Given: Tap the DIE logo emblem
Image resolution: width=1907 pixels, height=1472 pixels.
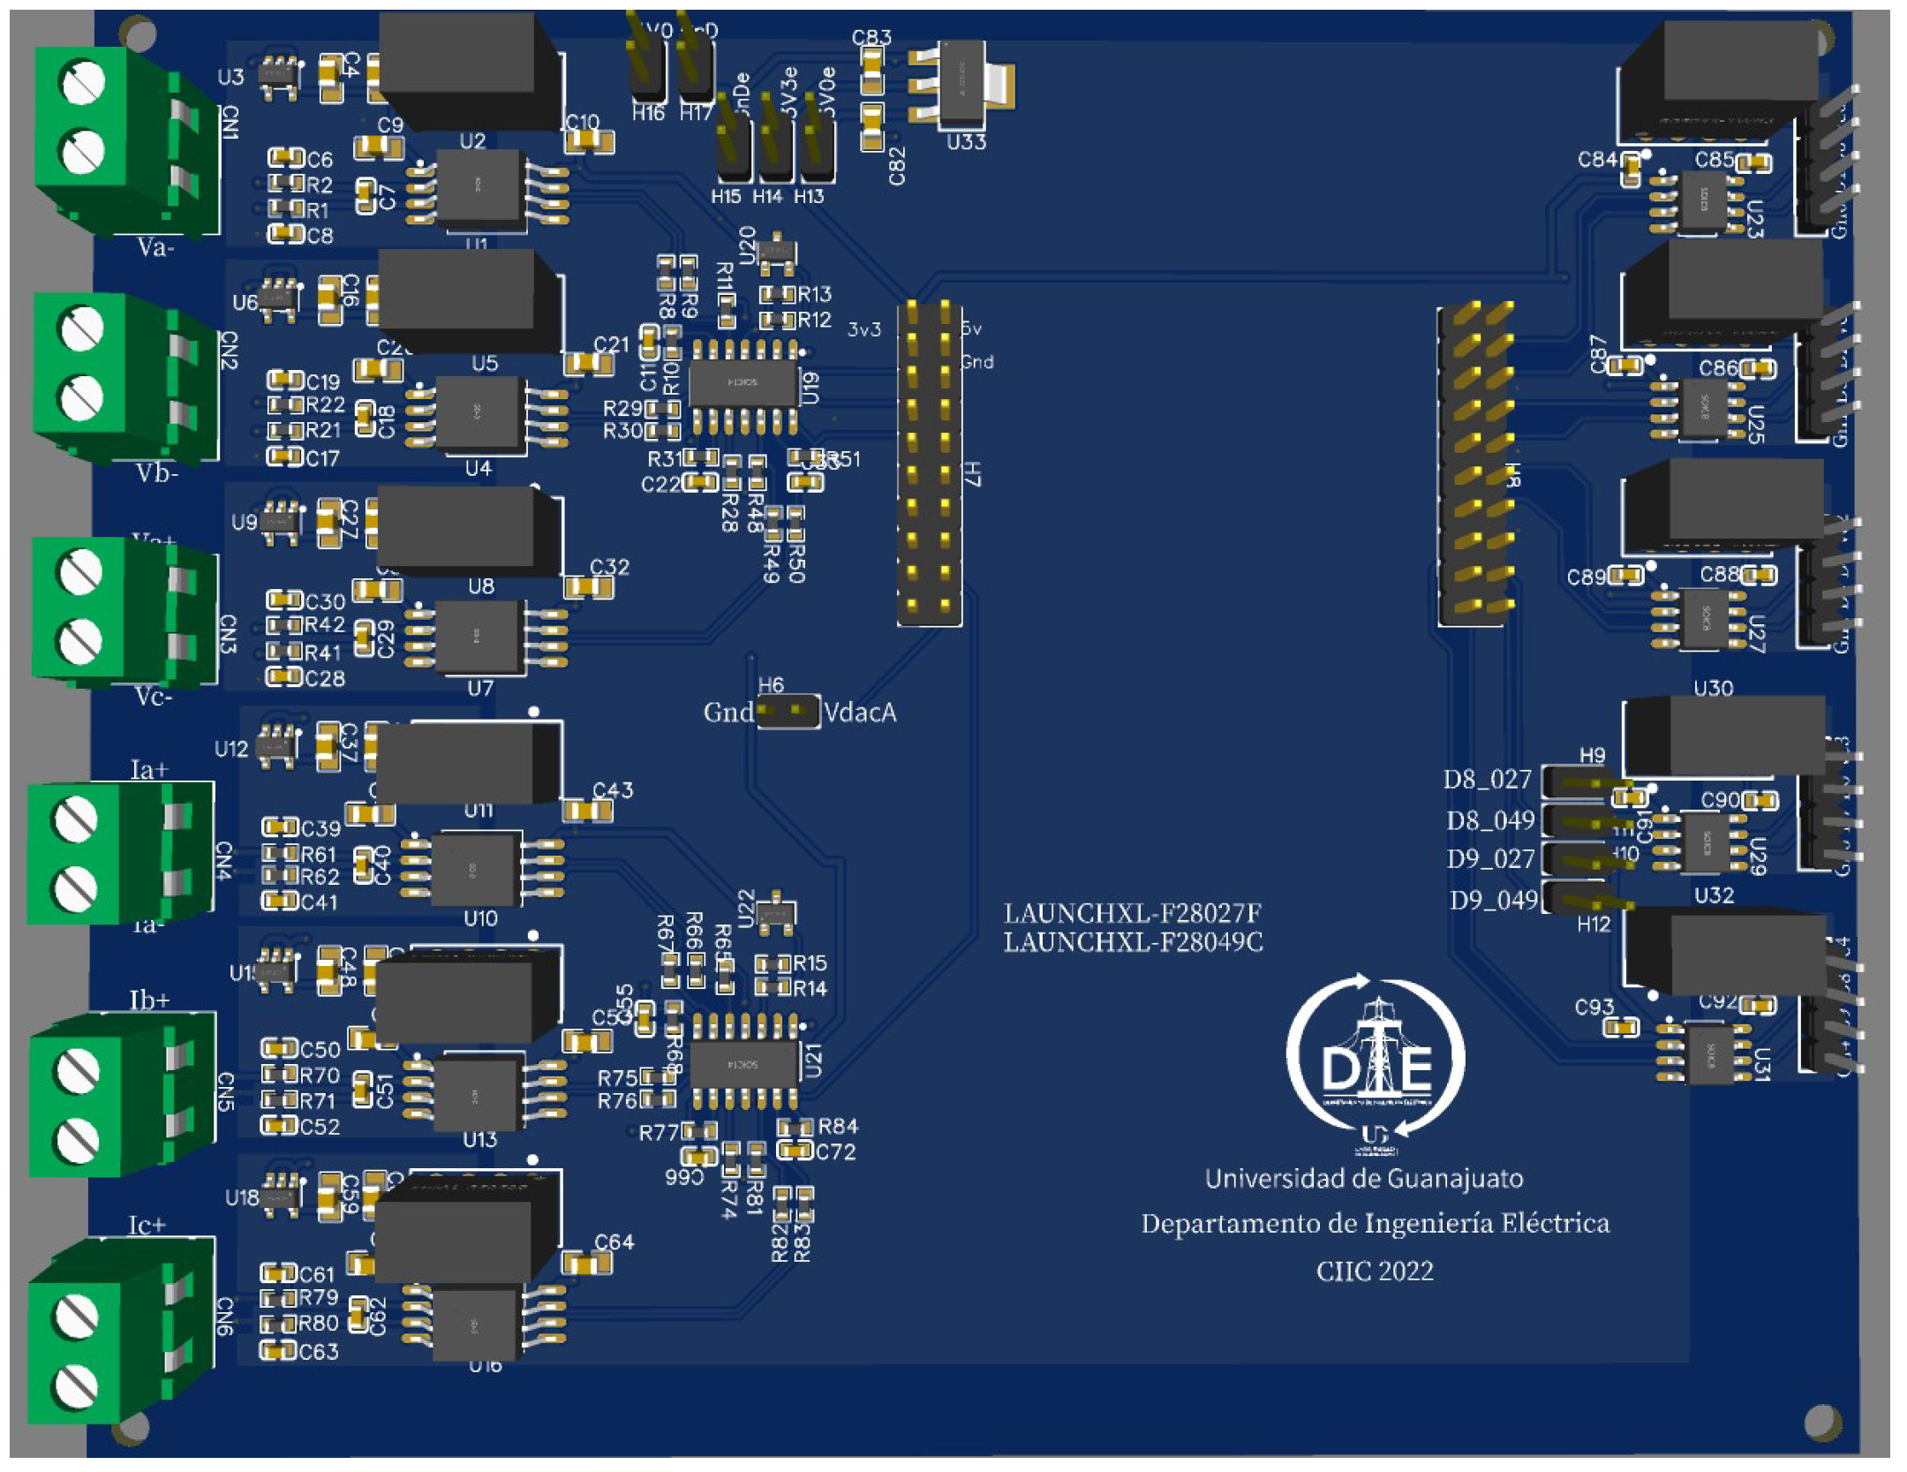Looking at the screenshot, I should pyautogui.click(x=1376, y=1064).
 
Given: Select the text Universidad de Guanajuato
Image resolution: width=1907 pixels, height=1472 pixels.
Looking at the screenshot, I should pyautogui.click(x=1363, y=1178).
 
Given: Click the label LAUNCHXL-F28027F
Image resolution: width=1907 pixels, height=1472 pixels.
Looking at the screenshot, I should pyautogui.click(x=1132, y=912).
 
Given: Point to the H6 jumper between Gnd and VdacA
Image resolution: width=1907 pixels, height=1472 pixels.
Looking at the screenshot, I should pyautogui.click(x=788, y=712).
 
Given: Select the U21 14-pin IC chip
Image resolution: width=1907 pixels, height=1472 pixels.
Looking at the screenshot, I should pyautogui.click(x=743, y=1065).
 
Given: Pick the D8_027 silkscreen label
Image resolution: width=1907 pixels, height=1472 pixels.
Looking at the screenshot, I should pyautogui.click(x=1487, y=779).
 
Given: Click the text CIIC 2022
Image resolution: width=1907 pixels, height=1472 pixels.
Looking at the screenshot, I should pyautogui.click(x=1374, y=1271).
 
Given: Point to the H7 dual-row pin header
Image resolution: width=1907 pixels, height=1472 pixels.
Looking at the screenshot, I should pyautogui.click(x=929, y=464).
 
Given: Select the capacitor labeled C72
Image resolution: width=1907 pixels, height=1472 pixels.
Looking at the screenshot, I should pyautogui.click(x=795, y=1151).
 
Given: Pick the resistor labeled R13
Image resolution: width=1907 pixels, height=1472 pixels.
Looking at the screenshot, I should pyautogui.click(x=777, y=294).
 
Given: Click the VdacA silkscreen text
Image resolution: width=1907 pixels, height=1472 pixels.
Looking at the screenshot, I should pyautogui.click(x=859, y=712).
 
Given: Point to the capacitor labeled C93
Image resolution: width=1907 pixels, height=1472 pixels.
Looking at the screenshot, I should pyautogui.click(x=1621, y=1027).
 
